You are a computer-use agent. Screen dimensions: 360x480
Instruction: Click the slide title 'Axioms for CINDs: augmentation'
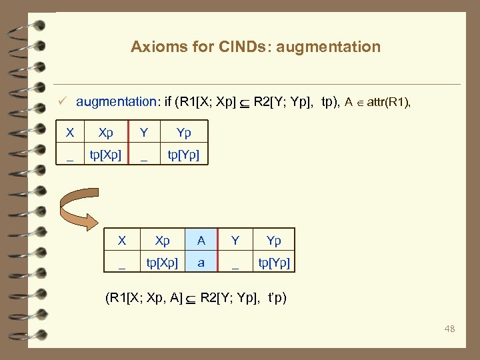pyautogui.click(x=255, y=47)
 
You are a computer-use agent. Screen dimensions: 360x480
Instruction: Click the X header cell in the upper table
pyautogui.click(x=70, y=132)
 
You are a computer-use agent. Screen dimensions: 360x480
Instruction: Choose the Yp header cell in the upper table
pyautogui.click(x=183, y=132)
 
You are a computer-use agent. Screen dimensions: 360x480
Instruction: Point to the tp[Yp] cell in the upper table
pyautogui.click(x=183, y=155)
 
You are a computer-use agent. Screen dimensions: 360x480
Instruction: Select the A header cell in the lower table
pyautogui.click(x=201, y=240)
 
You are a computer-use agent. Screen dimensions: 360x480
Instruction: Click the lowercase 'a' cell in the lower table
pyautogui.click(x=201, y=263)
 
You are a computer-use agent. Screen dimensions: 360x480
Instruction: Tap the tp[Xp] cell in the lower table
pyautogui.click(x=162, y=263)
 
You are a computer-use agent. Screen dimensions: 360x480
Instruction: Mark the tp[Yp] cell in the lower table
pyautogui.click(x=273, y=263)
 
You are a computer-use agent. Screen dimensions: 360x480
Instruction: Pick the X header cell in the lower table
pyautogui.click(x=122, y=240)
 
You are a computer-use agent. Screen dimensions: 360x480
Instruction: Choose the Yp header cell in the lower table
pyautogui.click(x=273, y=240)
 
